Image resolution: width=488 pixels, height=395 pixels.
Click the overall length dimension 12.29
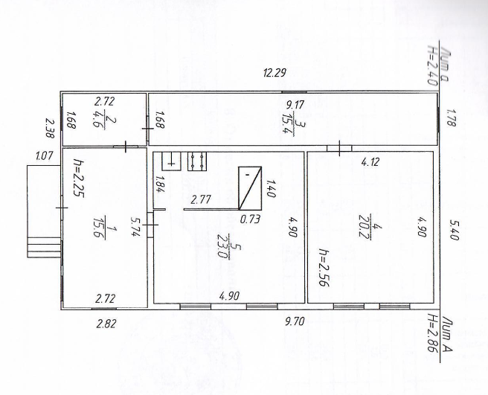pyautogui.click(x=274, y=73)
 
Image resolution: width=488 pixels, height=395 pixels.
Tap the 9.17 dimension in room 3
pyautogui.click(x=295, y=105)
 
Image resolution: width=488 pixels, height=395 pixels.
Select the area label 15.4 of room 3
pyautogui.click(x=284, y=123)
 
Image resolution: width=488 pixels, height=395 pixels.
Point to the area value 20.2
pyautogui.click(x=363, y=225)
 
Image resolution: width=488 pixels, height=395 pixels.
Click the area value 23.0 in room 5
pyautogui.click(x=222, y=246)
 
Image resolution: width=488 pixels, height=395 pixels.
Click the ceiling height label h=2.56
pyautogui.click(x=324, y=267)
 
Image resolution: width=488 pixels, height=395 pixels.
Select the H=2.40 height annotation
pyautogui.click(x=433, y=65)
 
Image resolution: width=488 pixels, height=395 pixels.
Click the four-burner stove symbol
pyautogui.click(x=197, y=161)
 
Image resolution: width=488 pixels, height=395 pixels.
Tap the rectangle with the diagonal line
pyautogui.click(x=250, y=188)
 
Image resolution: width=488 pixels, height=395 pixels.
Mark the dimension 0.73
pyautogui.click(x=250, y=219)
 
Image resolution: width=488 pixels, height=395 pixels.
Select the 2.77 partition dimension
pyautogui.click(x=201, y=199)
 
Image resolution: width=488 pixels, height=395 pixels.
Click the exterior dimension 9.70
pyautogui.click(x=295, y=321)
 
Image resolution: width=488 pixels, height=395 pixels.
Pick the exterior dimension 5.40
pyautogui.click(x=455, y=230)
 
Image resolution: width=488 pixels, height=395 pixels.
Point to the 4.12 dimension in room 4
pyautogui.click(x=370, y=162)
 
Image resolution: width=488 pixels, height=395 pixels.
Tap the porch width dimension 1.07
pyautogui.click(x=45, y=155)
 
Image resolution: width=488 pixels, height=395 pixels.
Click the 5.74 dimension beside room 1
pyautogui.click(x=135, y=227)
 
